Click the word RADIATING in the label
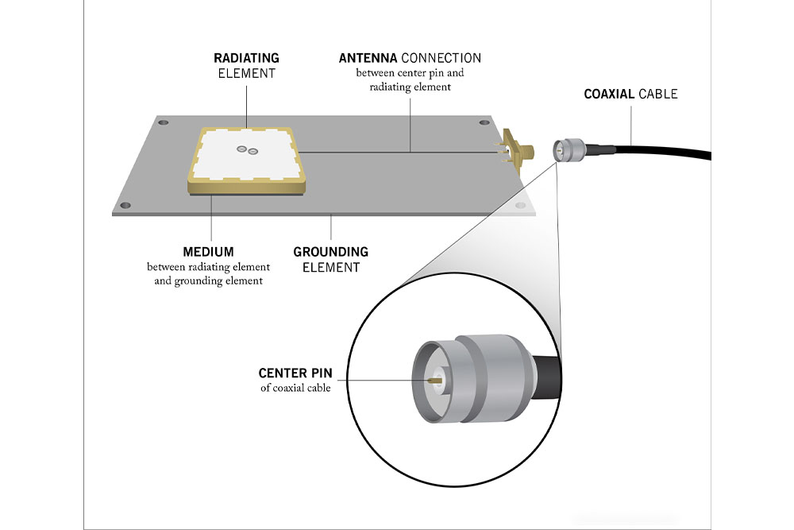point(246,58)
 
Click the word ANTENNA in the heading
point(368,58)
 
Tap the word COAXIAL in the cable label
point(609,94)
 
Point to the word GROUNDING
point(330,252)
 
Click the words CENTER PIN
point(295,373)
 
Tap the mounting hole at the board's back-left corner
point(164,124)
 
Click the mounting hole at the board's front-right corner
point(520,206)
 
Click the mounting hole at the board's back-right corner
point(484,123)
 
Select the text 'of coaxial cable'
point(295,388)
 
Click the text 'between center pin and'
point(410,73)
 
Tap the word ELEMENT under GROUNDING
point(331,267)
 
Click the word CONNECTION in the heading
point(441,58)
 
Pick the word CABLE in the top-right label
point(658,94)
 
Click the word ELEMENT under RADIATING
point(246,73)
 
